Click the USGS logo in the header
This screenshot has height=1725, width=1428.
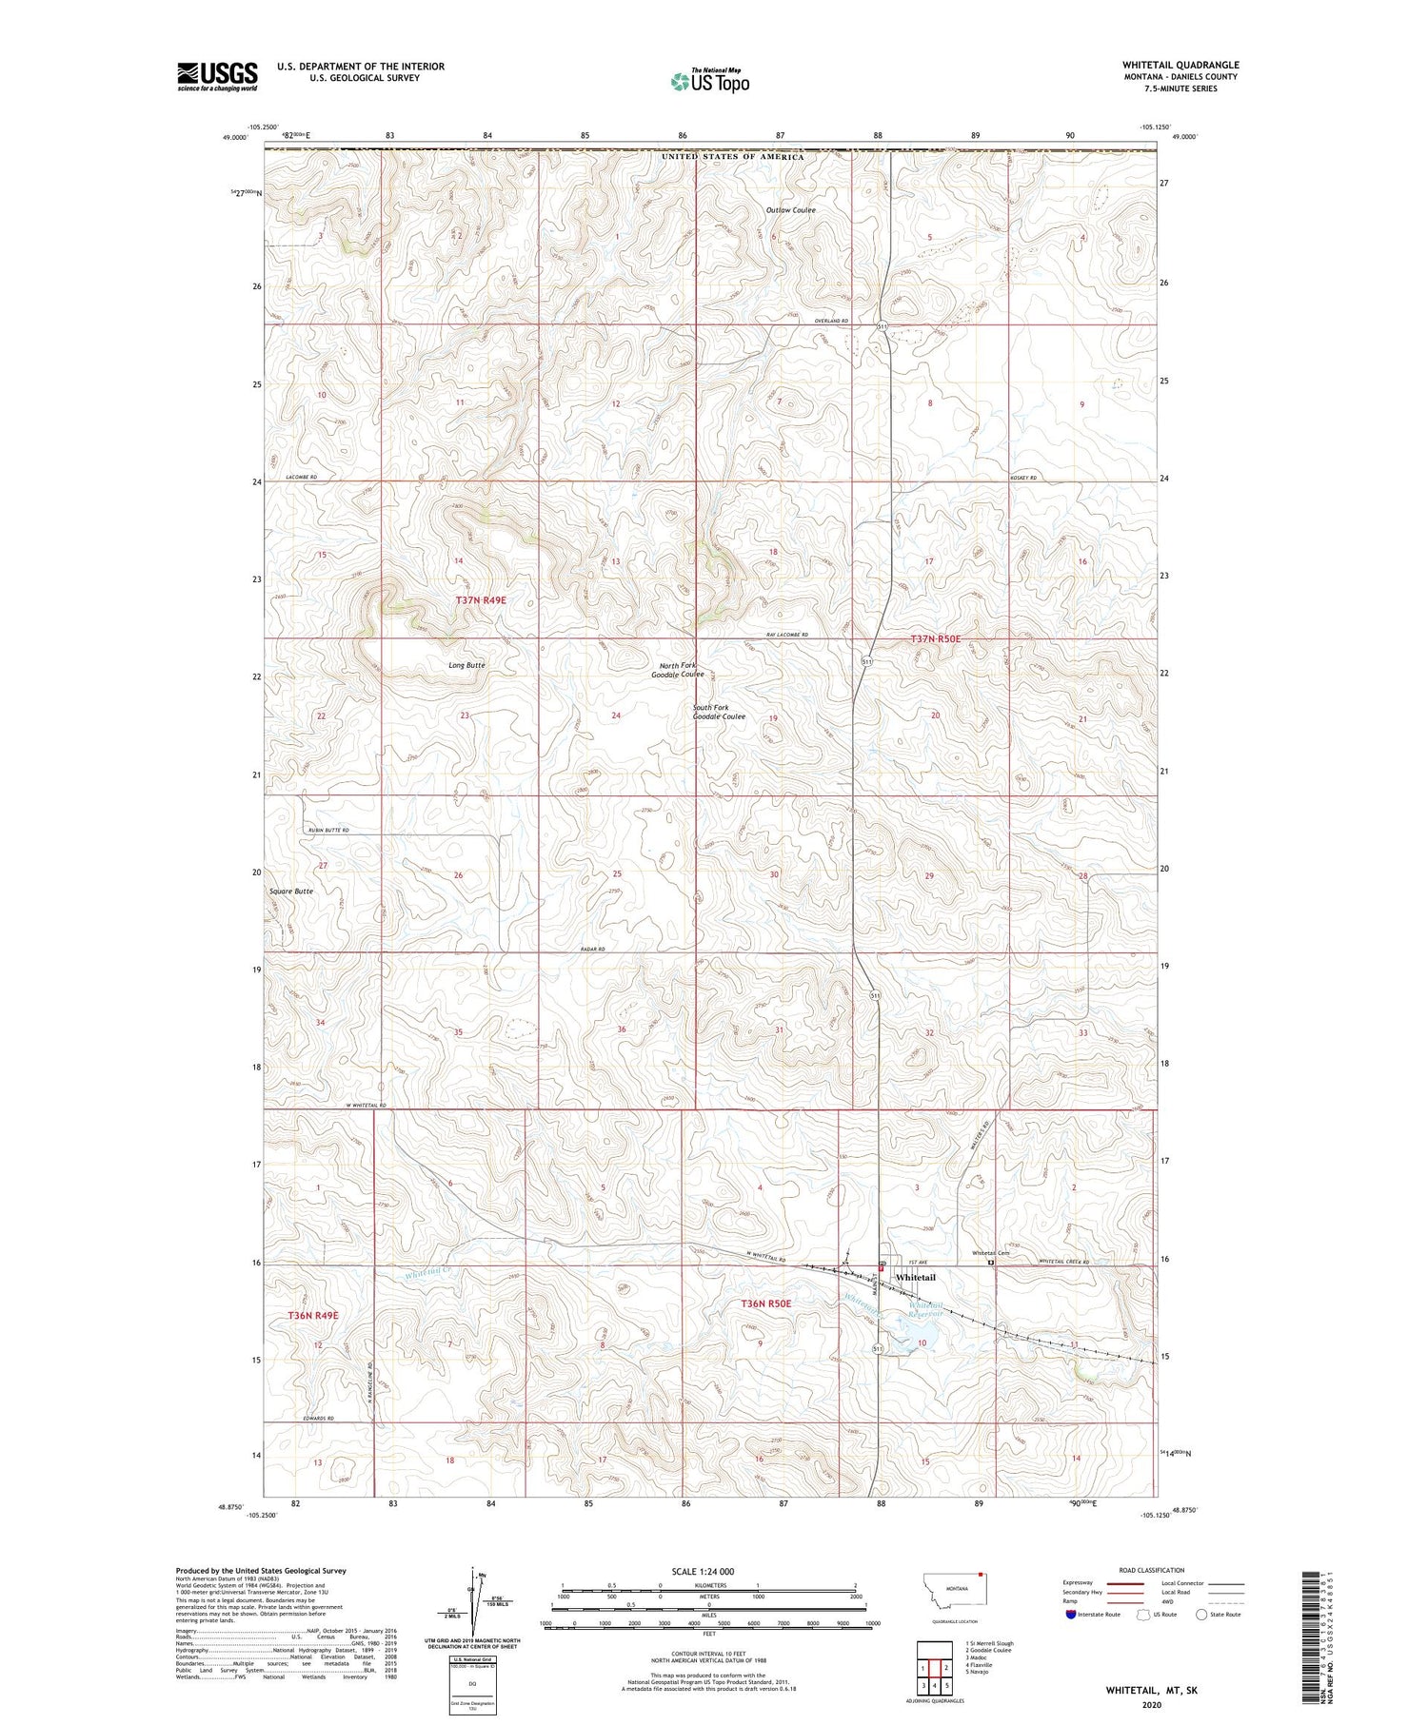pos(217,76)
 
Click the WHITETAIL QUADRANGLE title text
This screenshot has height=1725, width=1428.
pos(1180,66)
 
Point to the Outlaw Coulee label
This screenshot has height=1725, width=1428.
pos(790,210)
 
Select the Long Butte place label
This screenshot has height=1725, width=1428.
pos(466,665)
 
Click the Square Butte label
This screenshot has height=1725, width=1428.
pos(290,892)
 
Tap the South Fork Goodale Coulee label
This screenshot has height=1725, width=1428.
pos(719,712)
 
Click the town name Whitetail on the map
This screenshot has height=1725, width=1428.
pos(915,1277)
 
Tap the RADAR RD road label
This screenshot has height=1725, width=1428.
pos(591,950)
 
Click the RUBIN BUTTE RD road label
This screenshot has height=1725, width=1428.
pos(327,831)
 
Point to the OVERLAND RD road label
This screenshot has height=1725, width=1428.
pos(830,322)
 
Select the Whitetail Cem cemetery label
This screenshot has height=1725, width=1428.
pos(989,1253)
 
